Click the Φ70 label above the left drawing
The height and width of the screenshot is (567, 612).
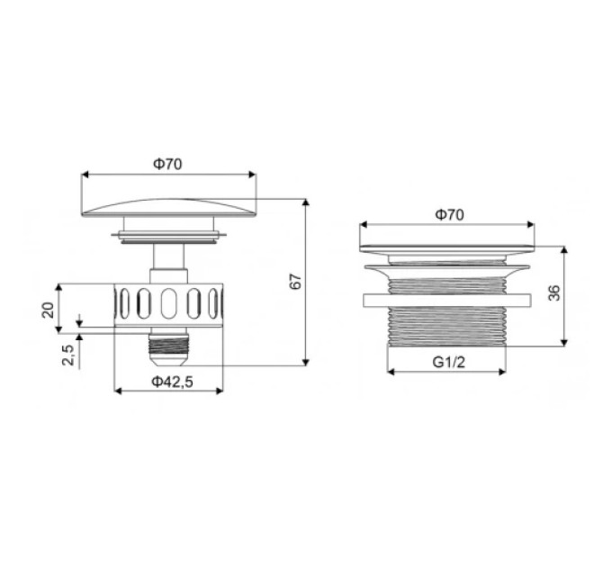tap(167, 165)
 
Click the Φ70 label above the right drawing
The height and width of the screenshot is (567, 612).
tap(450, 215)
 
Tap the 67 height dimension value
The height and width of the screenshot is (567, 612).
tap(296, 282)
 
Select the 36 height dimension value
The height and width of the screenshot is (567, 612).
tap(553, 293)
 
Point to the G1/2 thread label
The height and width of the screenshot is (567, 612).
tap(449, 363)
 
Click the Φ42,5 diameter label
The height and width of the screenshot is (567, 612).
tap(172, 382)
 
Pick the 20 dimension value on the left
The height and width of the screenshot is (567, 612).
tap(48, 310)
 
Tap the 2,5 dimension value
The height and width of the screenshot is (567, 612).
tap(67, 355)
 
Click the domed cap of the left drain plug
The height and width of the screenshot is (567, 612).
tap(169, 208)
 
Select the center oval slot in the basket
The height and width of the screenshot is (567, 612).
tap(168, 303)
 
